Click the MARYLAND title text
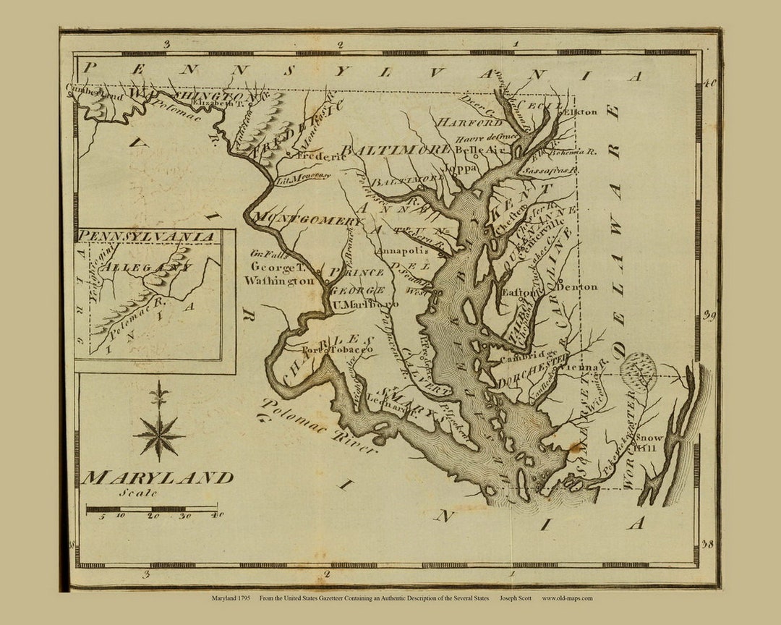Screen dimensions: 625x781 (x=157, y=477)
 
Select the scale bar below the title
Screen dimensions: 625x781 (x=152, y=509)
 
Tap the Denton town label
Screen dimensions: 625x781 (x=576, y=286)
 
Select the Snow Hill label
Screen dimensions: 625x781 (x=648, y=443)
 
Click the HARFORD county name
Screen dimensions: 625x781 (x=468, y=122)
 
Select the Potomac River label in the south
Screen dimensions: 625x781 (x=318, y=427)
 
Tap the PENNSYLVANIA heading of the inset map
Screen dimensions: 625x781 (x=146, y=237)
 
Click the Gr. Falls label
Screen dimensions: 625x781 (x=268, y=255)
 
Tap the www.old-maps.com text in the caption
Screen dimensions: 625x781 (x=567, y=598)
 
